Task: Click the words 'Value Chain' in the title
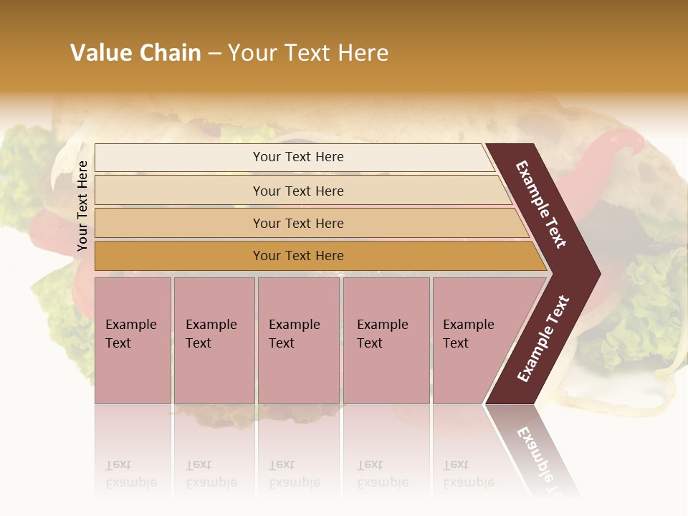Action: pos(135,53)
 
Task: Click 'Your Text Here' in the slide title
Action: pos(308,53)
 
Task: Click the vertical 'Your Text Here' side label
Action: pos(82,206)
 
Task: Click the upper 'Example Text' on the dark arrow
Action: pos(541,204)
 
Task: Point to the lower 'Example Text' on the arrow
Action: pos(543,338)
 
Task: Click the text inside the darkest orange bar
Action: pos(298,256)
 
